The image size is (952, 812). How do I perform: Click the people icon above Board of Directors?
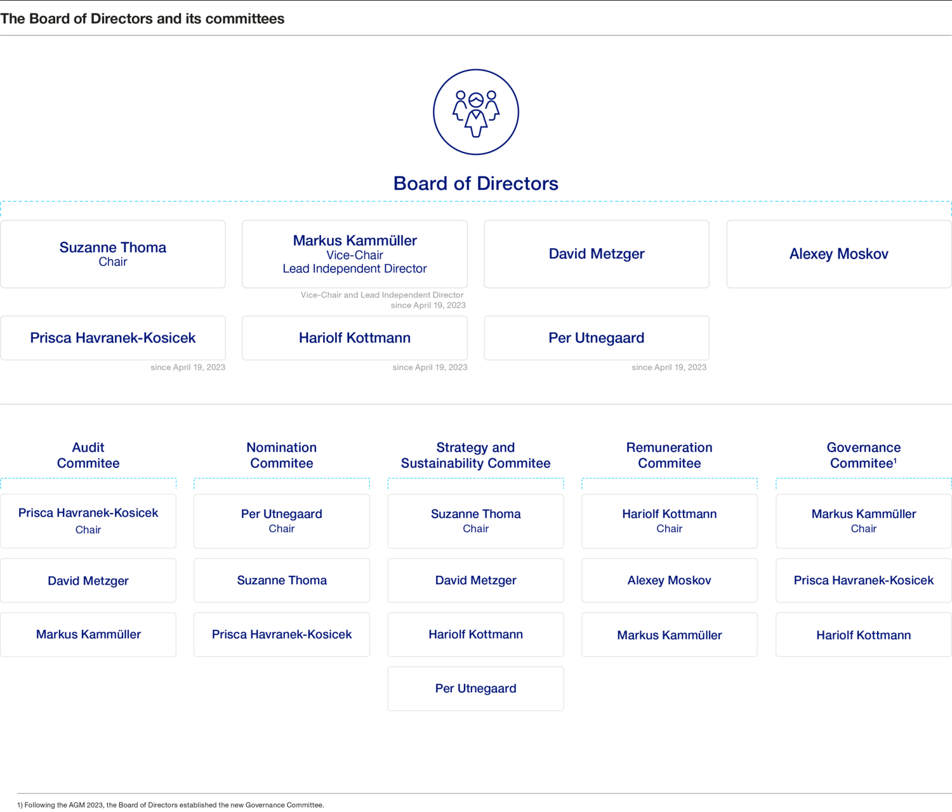(476, 112)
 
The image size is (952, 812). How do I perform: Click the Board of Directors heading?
(476, 183)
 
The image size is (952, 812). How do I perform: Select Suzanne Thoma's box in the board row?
(113, 254)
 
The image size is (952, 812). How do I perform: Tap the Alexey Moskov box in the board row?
(838, 254)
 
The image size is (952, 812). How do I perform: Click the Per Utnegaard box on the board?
(597, 338)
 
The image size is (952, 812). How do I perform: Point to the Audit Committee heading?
(88, 455)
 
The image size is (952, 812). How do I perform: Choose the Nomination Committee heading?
(282, 455)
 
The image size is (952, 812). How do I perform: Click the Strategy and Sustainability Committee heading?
(476, 455)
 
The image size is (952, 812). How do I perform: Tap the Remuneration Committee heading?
(669, 455)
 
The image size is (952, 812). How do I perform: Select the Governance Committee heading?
(863, 455)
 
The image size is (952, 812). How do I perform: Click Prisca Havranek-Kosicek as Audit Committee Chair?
(88, 521)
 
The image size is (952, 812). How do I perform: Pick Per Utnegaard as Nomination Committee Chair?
(282, 521)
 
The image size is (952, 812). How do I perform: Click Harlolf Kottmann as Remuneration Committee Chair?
(669, 521)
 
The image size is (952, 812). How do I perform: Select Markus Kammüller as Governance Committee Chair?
(863, 521)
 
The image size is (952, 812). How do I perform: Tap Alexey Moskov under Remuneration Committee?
(669, 580)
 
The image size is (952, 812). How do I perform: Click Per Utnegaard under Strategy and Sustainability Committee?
(476, 689)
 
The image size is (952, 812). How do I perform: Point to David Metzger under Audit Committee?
(88, 580)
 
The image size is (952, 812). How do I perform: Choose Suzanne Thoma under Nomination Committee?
(282, 580)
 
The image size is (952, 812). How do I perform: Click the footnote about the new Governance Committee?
(171, 805)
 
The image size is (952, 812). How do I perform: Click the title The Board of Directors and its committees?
(142, 19)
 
